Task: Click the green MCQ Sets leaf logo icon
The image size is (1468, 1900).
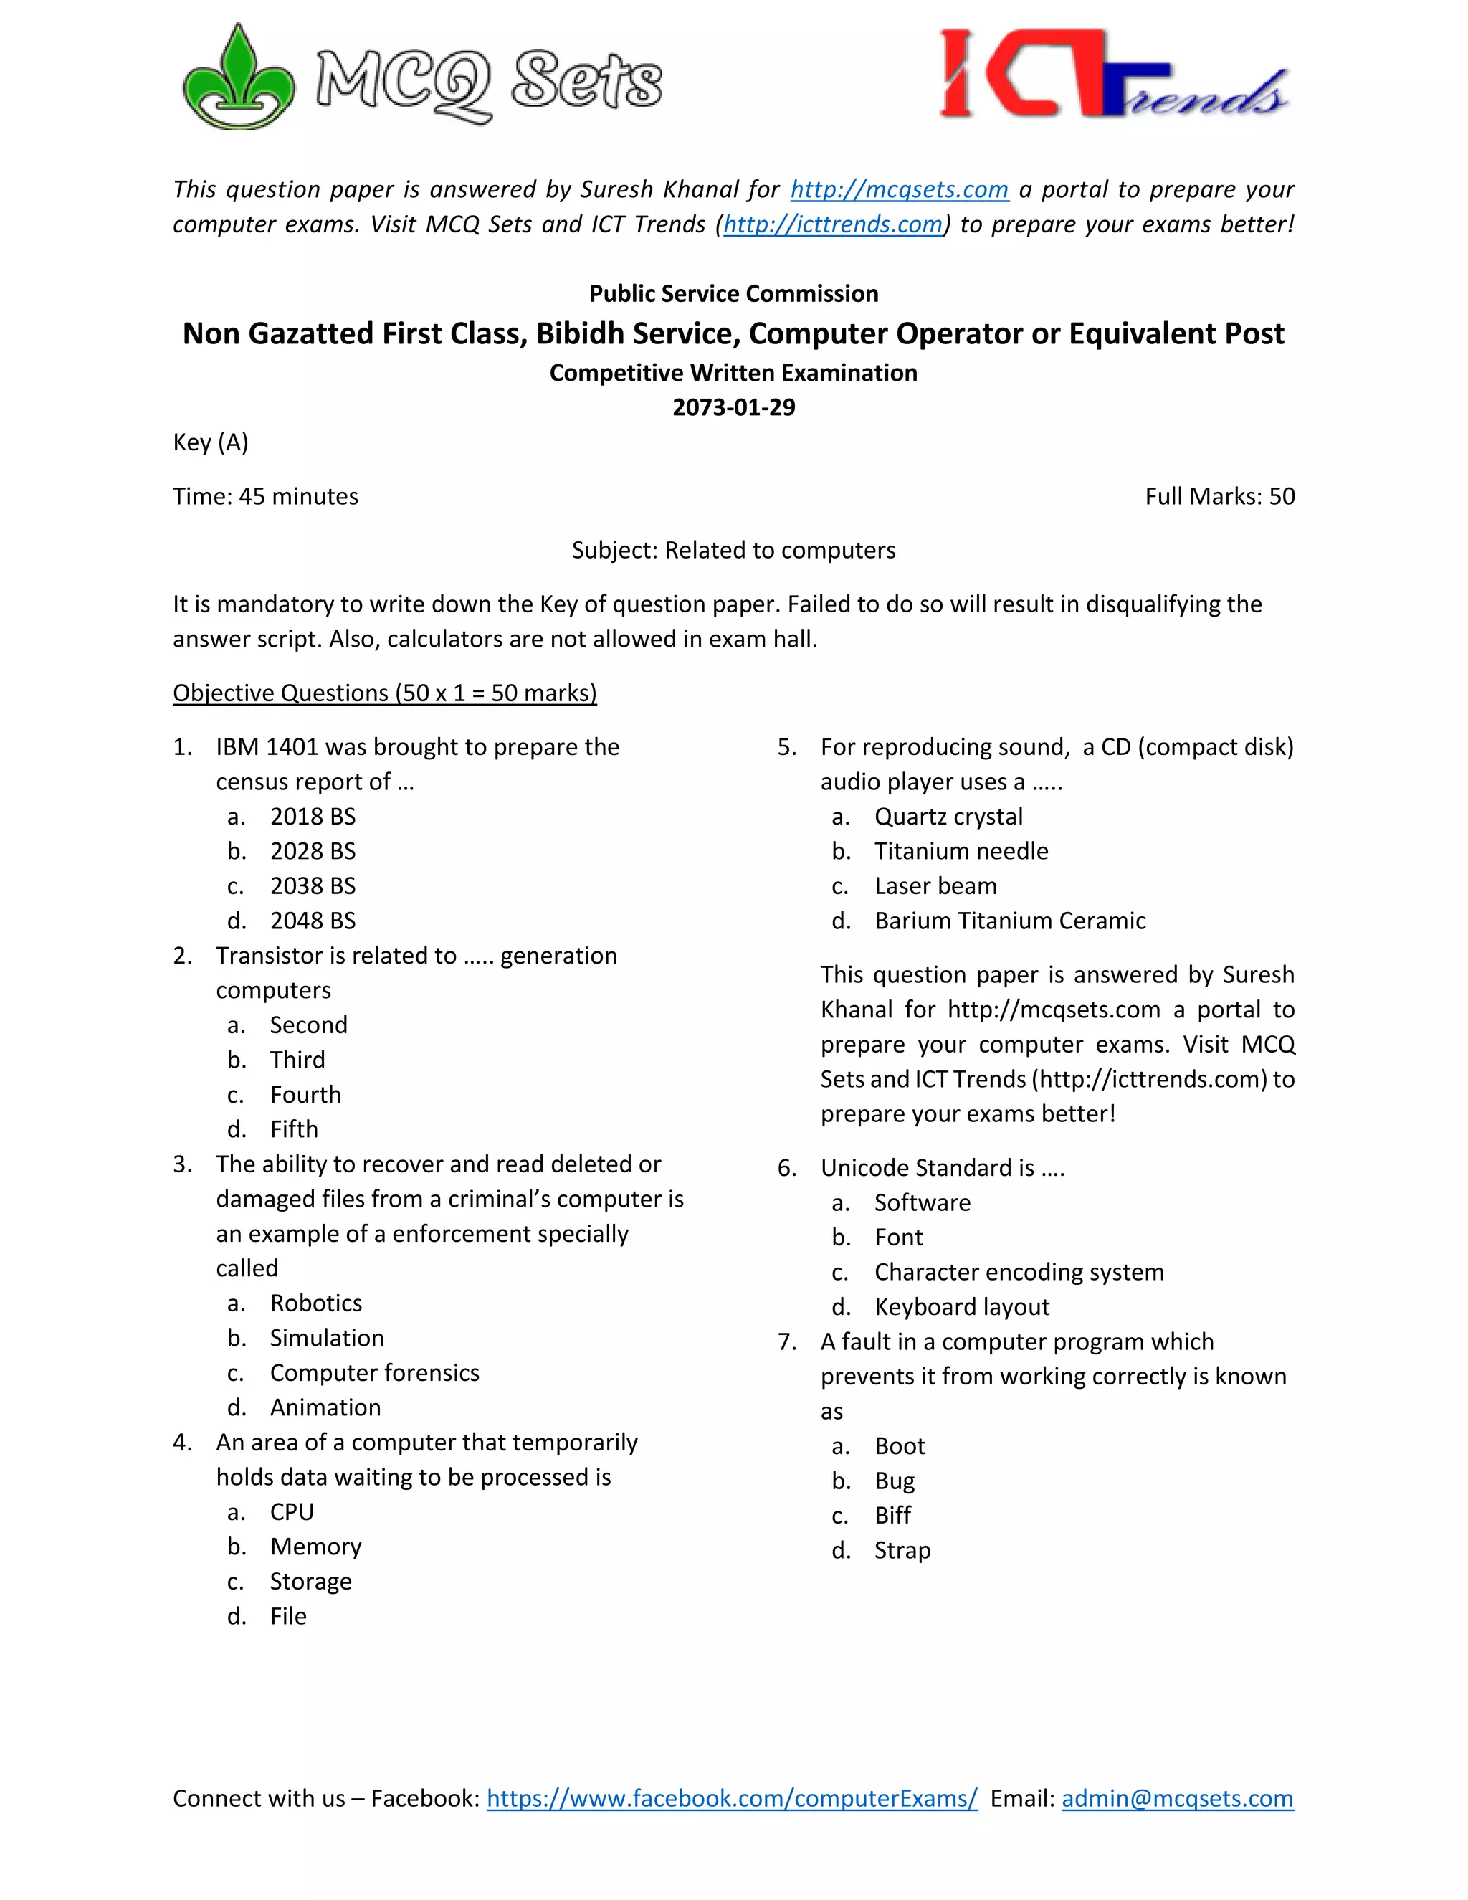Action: pyautogui.click(x=237, y=80)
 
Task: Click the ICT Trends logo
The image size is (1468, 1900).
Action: pyautogui.click(x=1113, y=77)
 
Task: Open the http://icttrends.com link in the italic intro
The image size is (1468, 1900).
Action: pyautogui.click(x=832, y=224)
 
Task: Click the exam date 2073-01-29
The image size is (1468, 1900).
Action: pyautogui.click(x=733, y=407)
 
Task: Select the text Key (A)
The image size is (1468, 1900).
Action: pyautogui.click(x=211, y=443)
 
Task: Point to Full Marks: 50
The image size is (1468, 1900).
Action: pyautogui.click(x=1219, y=497)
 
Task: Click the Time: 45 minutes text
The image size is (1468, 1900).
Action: pyautogui.click(x=265, y=497)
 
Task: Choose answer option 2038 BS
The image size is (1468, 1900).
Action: pyautogui.click(x=313, y=885)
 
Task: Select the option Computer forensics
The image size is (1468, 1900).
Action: pyautogui.click(x=374, y=1373)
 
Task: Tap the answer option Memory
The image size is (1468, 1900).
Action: pyautogui.click(x=315, y=1547)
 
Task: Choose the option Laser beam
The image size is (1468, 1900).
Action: pyautogui.click(x=935, y=885)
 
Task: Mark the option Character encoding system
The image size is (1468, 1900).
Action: pyautogui.click(x=1019, y=1272)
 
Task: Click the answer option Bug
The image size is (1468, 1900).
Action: pyautogui.click(x=894, y=1481)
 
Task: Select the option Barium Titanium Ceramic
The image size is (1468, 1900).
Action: pyautogui.click(x=1010, y=921)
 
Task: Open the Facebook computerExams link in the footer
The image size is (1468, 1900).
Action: pyautogui.click(x=731, y=1798)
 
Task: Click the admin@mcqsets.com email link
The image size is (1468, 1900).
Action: pyautogui.click(x=1177, y=1798)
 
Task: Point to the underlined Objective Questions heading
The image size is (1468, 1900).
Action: pyautogui.click(x=384, y=693)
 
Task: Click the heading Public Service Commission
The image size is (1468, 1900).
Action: pyautogui.click(x=733, y=294)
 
